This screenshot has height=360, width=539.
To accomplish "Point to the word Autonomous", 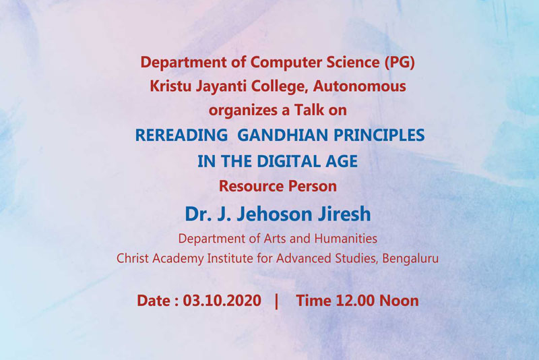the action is [x=359, y=86].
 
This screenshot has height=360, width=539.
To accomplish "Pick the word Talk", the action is [x=309, y=110].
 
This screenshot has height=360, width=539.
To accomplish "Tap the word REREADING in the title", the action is [x=181, y=135].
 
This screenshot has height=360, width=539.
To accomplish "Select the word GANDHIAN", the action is [x=282, y=135].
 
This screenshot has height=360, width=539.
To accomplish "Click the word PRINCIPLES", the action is [x=379, y=135].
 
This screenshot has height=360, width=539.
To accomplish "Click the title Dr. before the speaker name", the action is [x=197, y=214].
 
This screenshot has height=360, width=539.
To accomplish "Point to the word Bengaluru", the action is [x=410, y=259].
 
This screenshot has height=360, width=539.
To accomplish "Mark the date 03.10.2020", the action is [x=222, y=301].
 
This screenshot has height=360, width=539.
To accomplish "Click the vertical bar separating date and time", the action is [x=277, y=301].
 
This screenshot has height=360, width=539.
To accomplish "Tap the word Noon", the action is [x=399, y=301].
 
